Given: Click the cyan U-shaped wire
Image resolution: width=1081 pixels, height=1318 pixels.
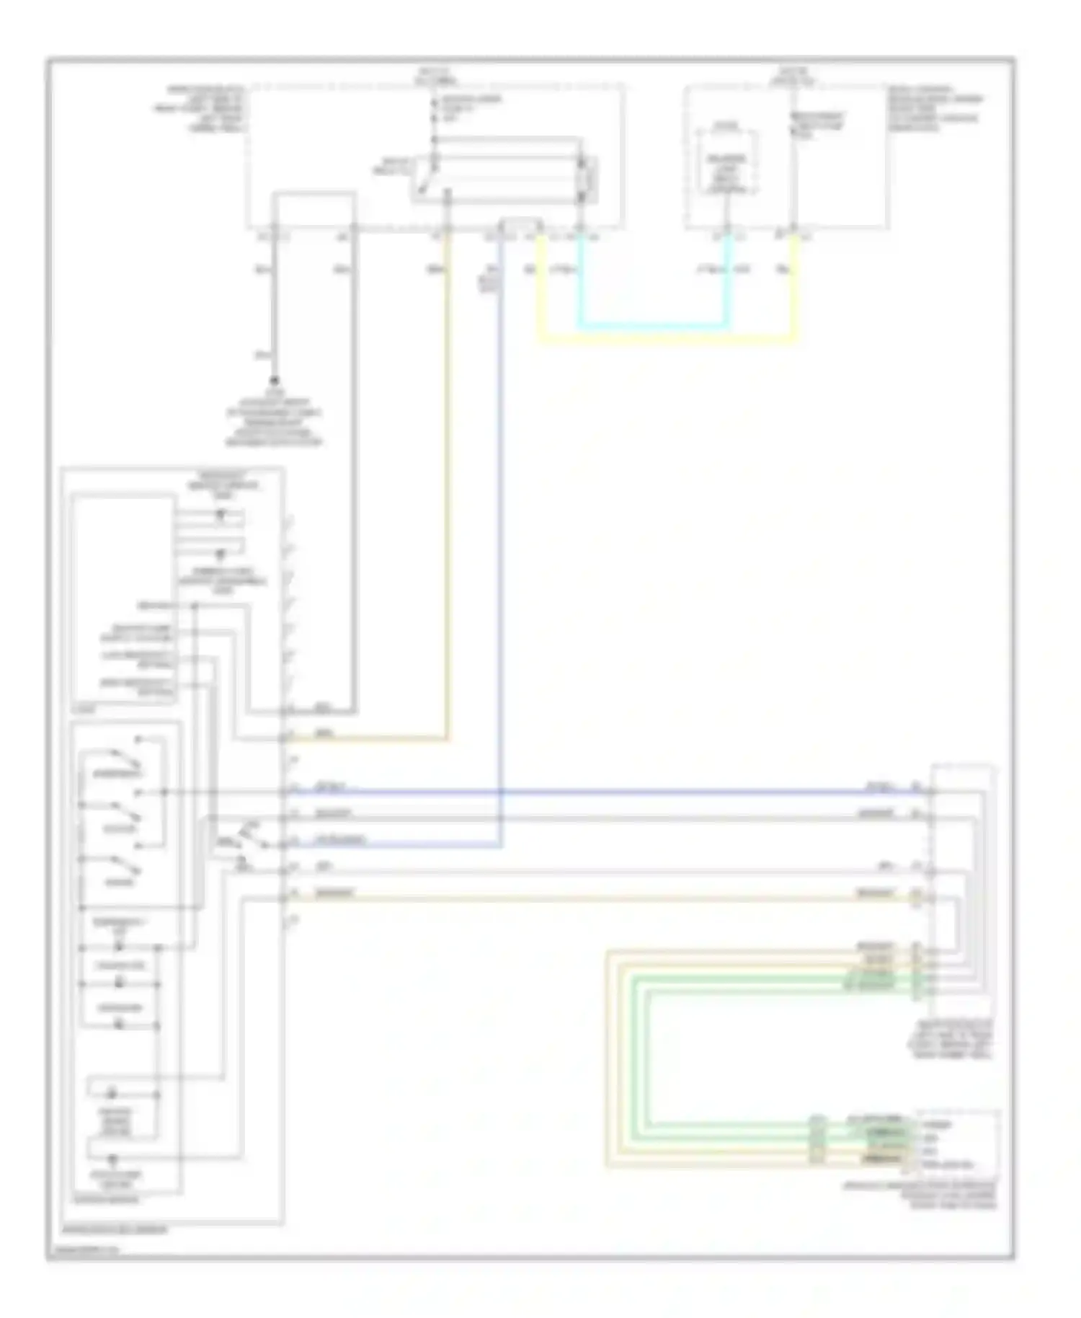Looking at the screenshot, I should click(x=652, y=326).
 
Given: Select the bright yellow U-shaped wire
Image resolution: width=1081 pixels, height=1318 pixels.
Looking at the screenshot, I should click(x=667, y=337).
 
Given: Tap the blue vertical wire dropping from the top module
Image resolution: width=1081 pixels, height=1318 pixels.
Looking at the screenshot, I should click(x=500, y=505).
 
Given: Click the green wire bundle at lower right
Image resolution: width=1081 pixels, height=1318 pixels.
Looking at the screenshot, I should click(x=641, y=1053).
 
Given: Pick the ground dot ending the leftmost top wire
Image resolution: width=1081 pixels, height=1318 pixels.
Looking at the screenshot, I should click(x=275, y=380).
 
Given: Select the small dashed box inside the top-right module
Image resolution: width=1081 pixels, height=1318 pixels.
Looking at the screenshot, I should click(x=726, y=164).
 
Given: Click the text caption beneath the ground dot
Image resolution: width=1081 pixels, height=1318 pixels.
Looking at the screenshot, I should click(x=274, y=418).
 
